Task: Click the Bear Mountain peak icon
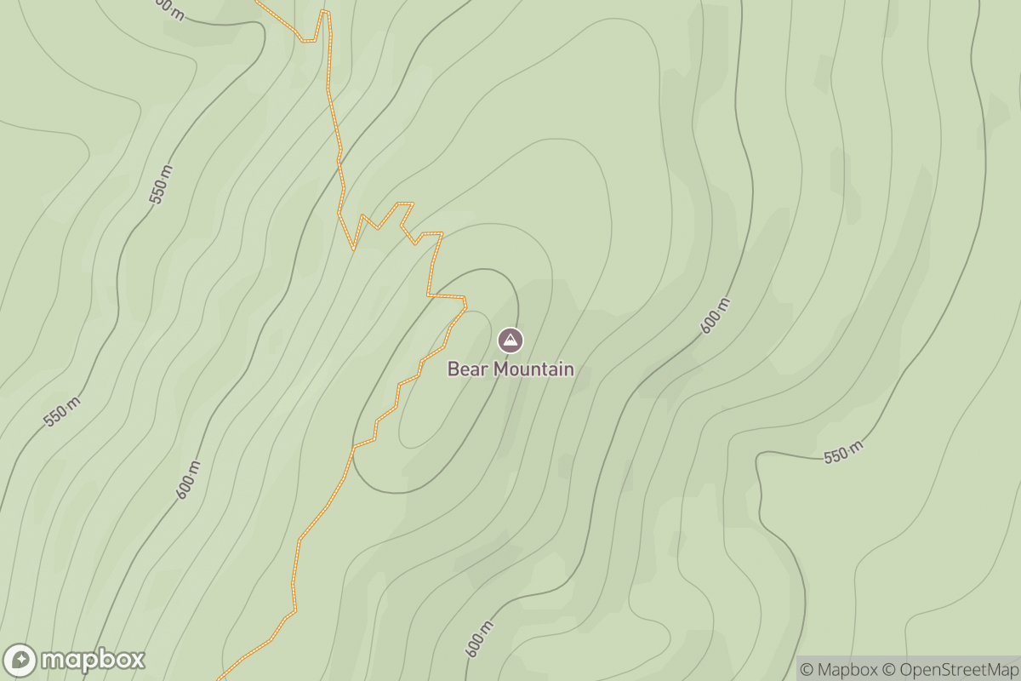[510, 340]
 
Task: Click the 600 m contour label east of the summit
[714, 317]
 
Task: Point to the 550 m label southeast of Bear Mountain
[843, 452]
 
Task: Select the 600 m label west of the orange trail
[189, 479]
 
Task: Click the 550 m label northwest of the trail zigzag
[161, 184]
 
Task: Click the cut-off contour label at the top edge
[170, 9]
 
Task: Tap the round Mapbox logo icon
[20, 661]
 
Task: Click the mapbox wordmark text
[93, 660]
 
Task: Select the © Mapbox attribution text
[839, 670]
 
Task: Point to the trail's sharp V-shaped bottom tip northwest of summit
[353, 249]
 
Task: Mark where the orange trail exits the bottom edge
[220, 678]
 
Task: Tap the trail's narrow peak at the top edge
[324, 12]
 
